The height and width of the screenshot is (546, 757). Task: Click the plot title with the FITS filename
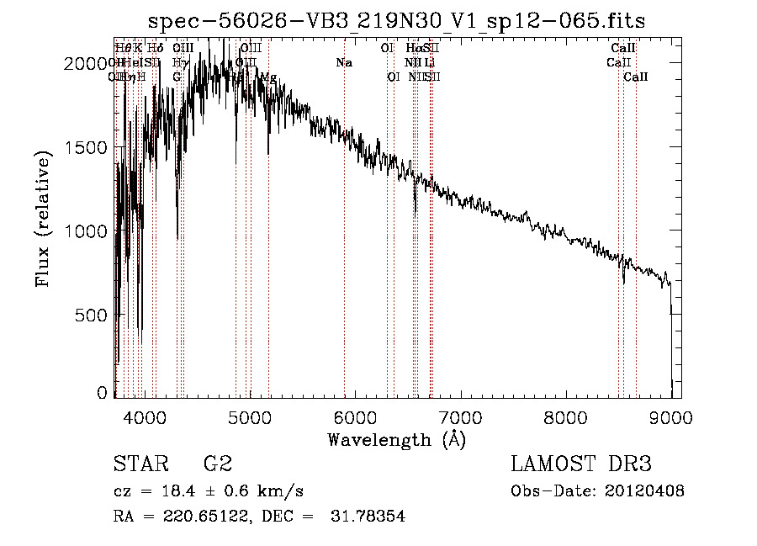pyautogui.click(x=396, y=21)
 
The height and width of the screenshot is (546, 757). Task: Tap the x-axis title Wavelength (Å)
pyautogui.click(x=396, y=439)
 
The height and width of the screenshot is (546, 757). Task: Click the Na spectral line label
pyautogui.click(x=343, y=63)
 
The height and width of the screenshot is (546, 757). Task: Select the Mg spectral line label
pyautogui.click(x=267, y=77)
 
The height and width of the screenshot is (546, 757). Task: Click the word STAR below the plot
pyautogui.click(x=135, y=464)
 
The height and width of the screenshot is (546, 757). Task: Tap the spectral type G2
pyautogui.click(x=217, y=464)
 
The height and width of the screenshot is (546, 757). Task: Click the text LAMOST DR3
pyautogui.click(x=581, y=464)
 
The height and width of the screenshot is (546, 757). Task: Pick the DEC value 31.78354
pyautogui.click(x=368, y=517)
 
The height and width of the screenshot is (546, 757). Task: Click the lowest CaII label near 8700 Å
pyautogui.click(x=636, y=77)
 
